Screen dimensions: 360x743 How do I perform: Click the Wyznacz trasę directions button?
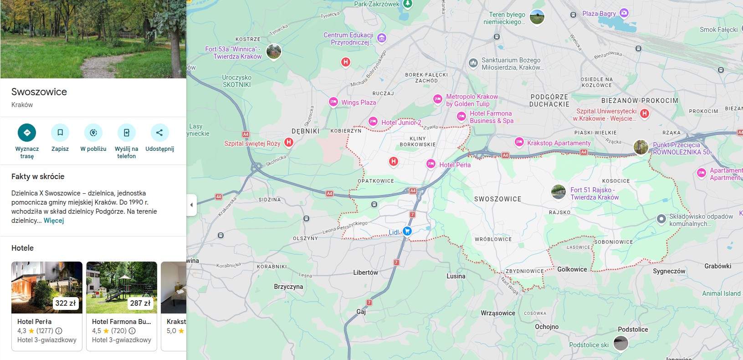tap(27, 133)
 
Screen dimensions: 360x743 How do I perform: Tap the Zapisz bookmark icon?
tap(60, 133)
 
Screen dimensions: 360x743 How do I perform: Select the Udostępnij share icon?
tap(159, 133)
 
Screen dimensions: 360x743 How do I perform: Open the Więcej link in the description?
tap(54, 221)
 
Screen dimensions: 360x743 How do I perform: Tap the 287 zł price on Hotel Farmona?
tap(140, 303)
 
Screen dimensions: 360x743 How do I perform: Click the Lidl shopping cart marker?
tap(407, 231)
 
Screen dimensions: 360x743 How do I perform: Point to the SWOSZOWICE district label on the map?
tap(497, 199)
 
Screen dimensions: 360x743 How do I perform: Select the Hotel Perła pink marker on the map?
tap(431, 164)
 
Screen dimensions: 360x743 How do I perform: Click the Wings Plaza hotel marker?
tap(333, 102)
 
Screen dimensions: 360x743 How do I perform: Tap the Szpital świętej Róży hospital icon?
tap(288, 142)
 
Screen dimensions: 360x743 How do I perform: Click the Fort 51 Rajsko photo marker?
tap(559, 192)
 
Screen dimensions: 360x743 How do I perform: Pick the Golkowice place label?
tap(572, 269)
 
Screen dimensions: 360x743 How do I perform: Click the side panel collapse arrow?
tap(191, 205)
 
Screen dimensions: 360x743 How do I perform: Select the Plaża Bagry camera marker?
tap(624, 13)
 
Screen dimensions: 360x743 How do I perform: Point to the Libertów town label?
tap(365, 273)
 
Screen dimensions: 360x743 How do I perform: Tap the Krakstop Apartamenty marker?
tap(519, 142)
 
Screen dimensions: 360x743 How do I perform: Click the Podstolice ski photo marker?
tap(621, 343)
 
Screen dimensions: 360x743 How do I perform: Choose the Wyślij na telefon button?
tap(126, 133)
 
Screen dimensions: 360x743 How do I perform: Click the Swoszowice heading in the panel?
tap(39, 92)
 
